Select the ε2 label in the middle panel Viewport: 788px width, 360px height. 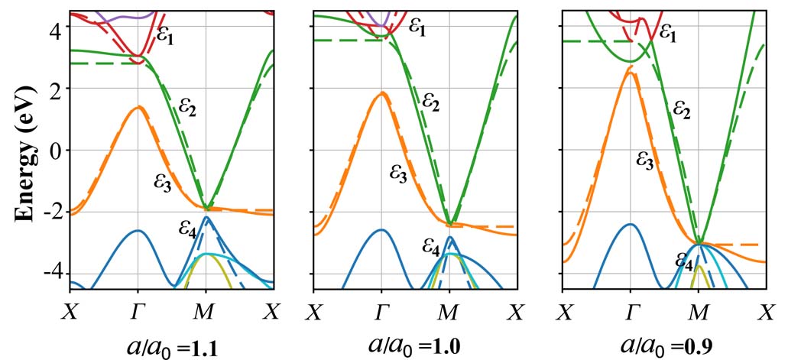431,100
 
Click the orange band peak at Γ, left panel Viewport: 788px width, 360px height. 138,107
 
